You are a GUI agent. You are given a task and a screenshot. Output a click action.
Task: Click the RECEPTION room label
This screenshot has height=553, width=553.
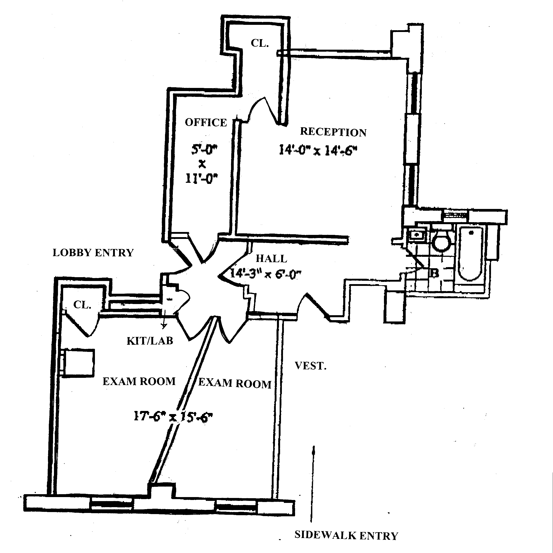click(333, 132)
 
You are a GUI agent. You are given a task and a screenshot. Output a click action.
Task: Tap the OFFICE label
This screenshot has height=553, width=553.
click(206, 123)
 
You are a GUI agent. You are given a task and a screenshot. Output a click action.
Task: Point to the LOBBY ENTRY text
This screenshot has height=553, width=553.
click(93, 253)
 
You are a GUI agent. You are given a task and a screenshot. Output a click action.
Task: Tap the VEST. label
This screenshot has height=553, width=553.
click(311, 366)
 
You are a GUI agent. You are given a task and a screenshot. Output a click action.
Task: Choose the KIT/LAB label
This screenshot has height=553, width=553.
click(150, 341)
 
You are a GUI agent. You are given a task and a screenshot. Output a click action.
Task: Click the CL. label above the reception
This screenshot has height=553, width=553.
click(259, 43)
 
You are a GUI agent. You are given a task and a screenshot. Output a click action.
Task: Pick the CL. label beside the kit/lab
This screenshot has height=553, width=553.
click(82, 305)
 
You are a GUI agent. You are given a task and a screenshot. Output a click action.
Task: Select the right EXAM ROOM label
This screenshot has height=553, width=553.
click(235, 383)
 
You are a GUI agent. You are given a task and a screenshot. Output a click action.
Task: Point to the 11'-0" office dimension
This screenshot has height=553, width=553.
click(202, 179)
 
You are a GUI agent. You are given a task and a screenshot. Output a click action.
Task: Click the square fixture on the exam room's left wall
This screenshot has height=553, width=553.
click(78, 363)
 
